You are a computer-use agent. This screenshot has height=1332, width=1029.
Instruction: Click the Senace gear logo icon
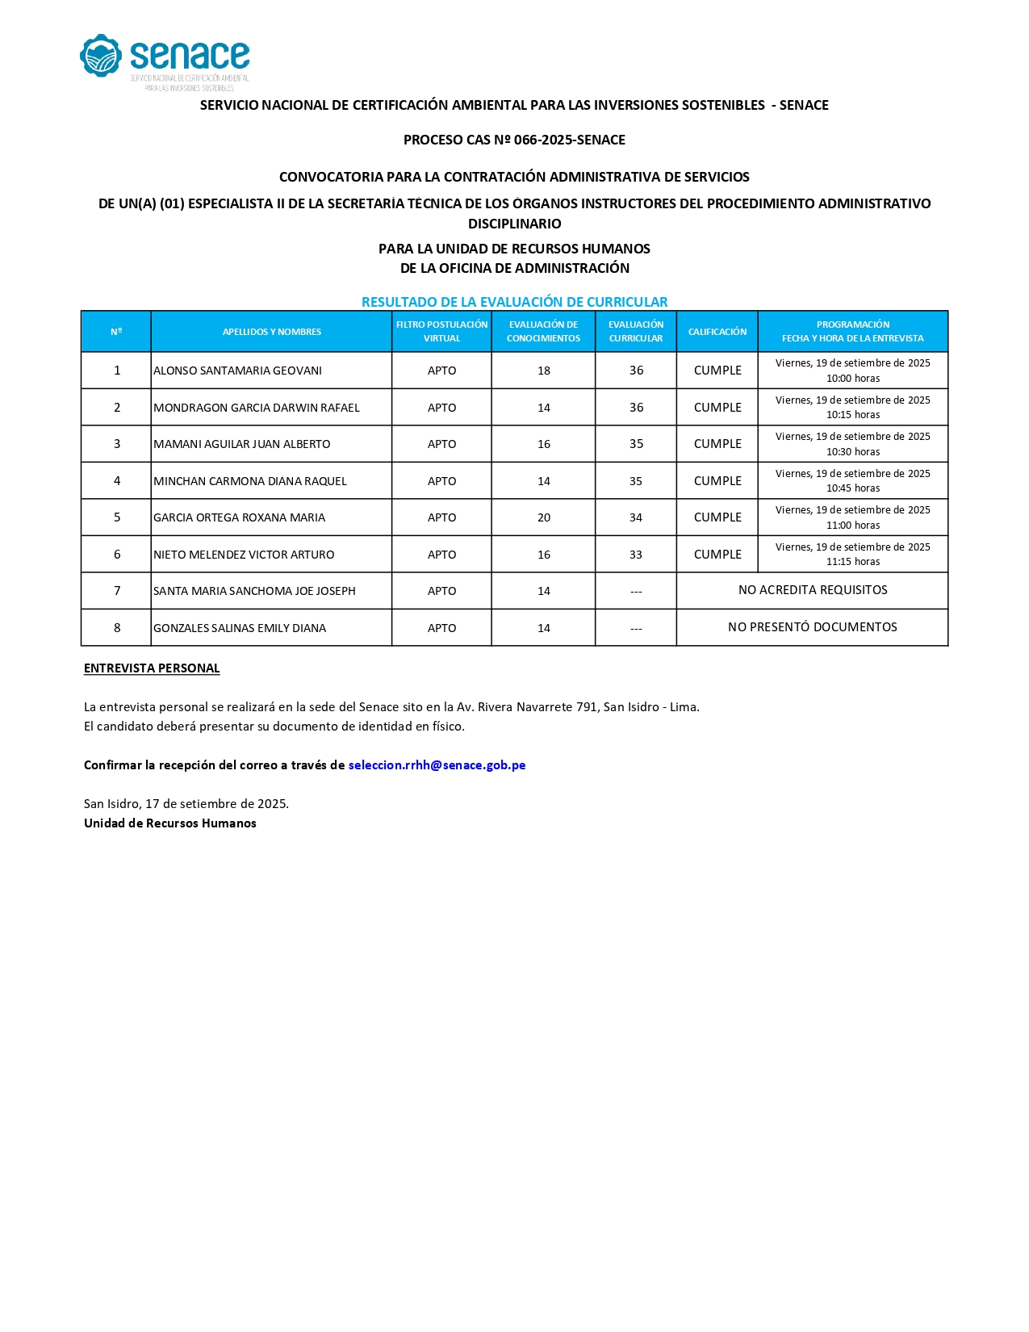pyautogui.click(x=101, y=56)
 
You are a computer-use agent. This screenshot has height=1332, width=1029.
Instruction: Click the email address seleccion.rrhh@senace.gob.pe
pyautogui.click(x=437, y=765)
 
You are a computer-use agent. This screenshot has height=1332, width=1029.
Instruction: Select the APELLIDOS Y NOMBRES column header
pyautogui.click(x=271, y=332)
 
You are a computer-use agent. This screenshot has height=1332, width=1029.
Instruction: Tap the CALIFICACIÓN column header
pyautogui.click(x=717, y=332)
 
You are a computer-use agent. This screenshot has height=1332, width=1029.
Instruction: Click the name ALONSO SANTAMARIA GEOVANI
pyautogui.click(x=237, y=371)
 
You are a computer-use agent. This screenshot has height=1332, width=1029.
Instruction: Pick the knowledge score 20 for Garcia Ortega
pyautogui.click(x=543, y=517)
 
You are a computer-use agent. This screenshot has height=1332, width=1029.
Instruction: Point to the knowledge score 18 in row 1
pyautogui.click(x=543, y=371)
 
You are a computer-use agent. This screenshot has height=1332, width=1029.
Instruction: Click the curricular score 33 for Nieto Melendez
pyautogui.click(x=636, y=555)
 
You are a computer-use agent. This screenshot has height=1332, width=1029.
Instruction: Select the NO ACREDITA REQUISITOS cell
pyautogui.click(x=812, y=590)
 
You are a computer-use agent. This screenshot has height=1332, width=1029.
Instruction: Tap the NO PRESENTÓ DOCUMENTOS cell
pyautogui.click(x=812, y=627)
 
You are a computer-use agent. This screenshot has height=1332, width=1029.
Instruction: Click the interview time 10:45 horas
pyautogui.click(x=852, y=488)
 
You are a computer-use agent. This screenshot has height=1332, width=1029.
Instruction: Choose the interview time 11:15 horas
pyautogui.click(x=852, y=562)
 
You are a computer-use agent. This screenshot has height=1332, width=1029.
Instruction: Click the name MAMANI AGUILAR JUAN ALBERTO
pyautogui.click(x=241, y=444)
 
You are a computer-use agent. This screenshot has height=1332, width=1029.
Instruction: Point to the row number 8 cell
pyautogui.click(x=117, y=628)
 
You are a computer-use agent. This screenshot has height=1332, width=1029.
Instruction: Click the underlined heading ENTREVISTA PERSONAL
pyautogui.click(x=152, y=668)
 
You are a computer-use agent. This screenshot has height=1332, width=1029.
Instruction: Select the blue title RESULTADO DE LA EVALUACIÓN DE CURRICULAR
pyautogui.click(x=514, y=302)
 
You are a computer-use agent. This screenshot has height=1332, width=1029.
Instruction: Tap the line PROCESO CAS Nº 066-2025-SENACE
pyautogui.click(x=514, y=140)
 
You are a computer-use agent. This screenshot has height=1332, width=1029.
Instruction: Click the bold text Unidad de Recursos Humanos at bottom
pyautogui.click(x=170, y=823)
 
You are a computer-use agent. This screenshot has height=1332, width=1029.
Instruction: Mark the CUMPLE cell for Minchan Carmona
pyautogui.click(x=717, y=481)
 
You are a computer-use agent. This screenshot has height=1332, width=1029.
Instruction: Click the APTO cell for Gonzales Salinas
pyautogui.click(x=441, y=628)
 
